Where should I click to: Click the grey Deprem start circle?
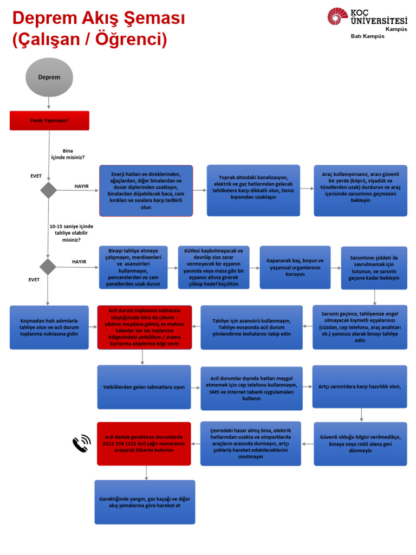(x=49, y=77)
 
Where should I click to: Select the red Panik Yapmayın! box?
(x=49, y=120)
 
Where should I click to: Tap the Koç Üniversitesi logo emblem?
(x=337, y=17)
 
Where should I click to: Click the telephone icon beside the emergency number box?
(x=82, y=443)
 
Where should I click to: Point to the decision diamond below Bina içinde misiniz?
(x=48, y=190)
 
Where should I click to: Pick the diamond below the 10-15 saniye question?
(x=48, y=267)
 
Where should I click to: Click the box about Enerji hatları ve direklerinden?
(x=146, y=190)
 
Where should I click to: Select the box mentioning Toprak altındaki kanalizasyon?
(x=253, y=190)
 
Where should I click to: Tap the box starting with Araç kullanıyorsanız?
(x=360, y=190)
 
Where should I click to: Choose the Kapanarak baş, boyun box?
(x=295, y=267)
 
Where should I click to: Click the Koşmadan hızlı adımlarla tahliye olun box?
(x=49, y=327)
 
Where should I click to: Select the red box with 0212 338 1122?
(x=144, y=443)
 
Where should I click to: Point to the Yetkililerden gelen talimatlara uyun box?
(x=144, y=387)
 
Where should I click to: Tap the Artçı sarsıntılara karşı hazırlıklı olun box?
(x=360, y=386)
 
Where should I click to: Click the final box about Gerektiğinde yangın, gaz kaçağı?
(x=145, y=502)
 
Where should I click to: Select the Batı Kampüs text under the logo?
(x=368, y=36)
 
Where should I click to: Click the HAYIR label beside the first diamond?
(x=81, y=186)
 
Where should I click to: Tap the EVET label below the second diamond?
(x=34, y=280)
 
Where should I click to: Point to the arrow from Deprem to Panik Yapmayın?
(x=49, y=103)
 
